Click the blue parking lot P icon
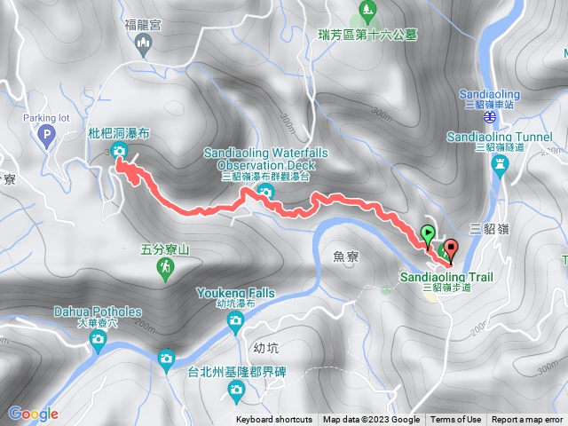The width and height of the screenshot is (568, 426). pos(47,136)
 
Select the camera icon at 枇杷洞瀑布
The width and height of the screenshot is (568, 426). pos(119,153)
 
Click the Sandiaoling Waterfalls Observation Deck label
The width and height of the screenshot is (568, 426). pos(266,159)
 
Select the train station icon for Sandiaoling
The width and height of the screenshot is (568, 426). pos(489,115)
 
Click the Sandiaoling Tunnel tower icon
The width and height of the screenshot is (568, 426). pos(501,164)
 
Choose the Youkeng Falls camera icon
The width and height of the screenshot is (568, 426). pos(236,327)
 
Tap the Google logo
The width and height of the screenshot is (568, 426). pos(33,414)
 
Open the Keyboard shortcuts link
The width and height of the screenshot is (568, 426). pos(273,420)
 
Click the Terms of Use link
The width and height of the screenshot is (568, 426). pos(456,420)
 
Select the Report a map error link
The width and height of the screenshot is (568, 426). pos(528,420)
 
